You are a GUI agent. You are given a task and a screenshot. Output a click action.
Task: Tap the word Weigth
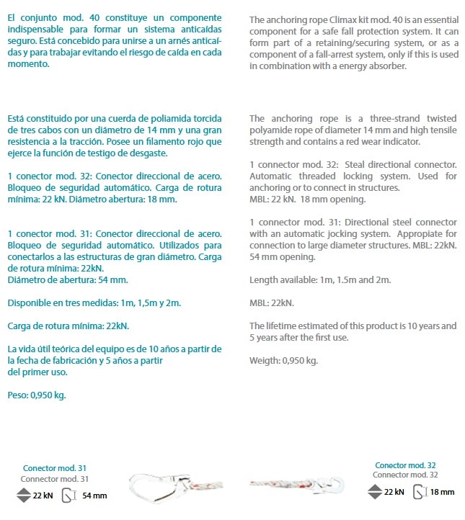click(266, 361)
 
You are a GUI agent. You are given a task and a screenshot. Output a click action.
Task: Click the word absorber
click(389, 66)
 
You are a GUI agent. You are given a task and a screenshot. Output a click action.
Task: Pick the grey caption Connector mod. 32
click(405, 475)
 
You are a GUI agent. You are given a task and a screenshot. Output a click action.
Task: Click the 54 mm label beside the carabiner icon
click(94, 496)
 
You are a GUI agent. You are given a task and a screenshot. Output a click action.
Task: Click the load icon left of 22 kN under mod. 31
click(23, 496)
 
